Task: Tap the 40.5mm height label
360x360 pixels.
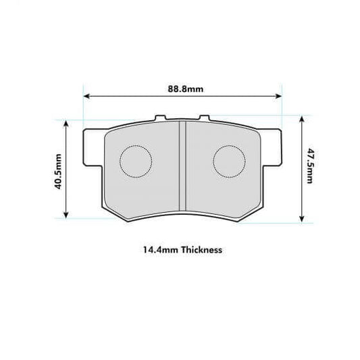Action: (59, 172)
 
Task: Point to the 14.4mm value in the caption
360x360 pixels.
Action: (155, 249)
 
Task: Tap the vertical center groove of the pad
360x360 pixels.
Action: (182, 165)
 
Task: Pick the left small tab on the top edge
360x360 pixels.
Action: (160, 118)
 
